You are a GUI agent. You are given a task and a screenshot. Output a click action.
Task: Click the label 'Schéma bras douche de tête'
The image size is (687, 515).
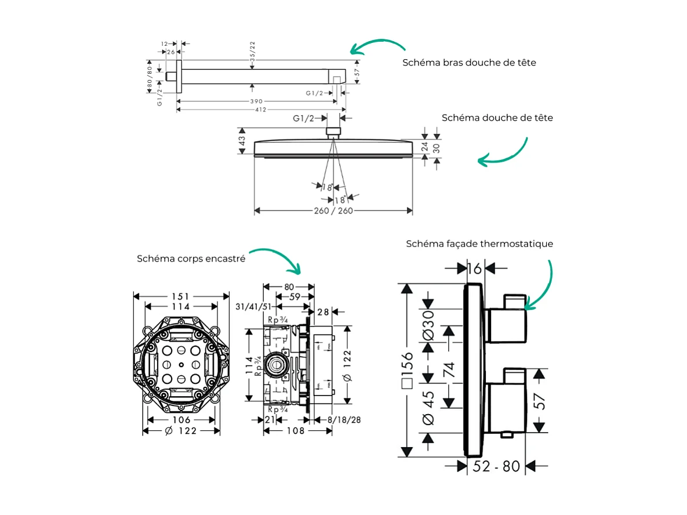469,63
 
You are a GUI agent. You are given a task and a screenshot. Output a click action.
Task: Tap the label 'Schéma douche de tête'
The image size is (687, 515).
497,118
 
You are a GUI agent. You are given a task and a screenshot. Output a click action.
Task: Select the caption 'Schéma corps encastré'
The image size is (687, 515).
191,259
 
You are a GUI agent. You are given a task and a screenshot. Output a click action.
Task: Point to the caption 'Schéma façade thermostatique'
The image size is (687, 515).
479,244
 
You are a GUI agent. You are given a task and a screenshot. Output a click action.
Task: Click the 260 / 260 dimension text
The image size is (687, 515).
333,211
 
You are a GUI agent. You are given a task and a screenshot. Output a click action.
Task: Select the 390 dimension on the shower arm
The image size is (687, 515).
256,101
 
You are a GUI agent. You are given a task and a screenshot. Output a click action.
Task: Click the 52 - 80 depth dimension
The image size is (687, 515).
496,466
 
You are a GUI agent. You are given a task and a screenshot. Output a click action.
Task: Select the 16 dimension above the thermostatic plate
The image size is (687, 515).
474,268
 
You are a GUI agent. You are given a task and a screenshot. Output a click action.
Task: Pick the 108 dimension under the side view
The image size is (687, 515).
295,431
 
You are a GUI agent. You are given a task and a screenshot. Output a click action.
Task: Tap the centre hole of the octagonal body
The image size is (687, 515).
181,365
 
